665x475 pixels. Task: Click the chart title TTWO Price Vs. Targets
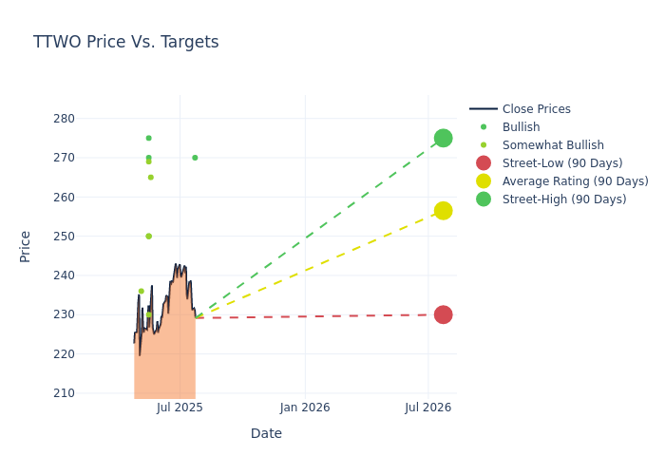pos(125,42)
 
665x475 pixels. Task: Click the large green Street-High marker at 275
pos(443,138)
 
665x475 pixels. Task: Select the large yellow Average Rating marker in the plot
pos(443,210)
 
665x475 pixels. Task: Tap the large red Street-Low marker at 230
pos(443,314)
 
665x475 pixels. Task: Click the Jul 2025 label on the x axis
pos(180,408)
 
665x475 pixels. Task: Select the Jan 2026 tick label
pos(305,408)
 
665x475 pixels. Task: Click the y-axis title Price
pos(26,246)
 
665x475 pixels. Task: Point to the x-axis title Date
pos(266,434)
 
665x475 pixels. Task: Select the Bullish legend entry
pos(521,127)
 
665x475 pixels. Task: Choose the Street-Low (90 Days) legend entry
pos(562,163)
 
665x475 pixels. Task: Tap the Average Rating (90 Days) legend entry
pos(575,181)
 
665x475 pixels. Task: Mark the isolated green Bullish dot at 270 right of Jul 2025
pos(195,158)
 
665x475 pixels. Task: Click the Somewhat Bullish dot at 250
pos(148,237)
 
